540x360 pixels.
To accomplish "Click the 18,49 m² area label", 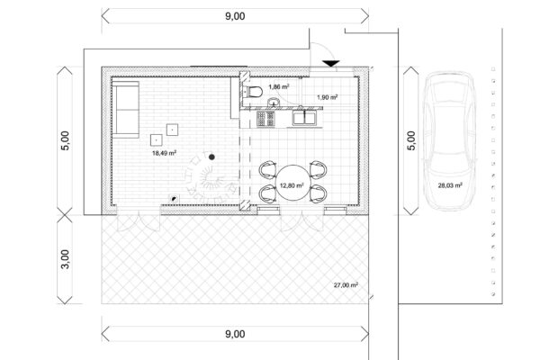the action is click(x=165, y=153).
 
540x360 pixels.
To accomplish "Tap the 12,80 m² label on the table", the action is click(x=292, y=185).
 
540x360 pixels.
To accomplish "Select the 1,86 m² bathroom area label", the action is click(x=279, y=86).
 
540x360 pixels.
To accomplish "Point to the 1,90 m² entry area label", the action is click(x=328, y=97).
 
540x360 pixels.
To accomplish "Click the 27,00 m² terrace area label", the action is click(x=346, y=285).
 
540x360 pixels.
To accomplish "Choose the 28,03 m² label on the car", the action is click(x=450, y=185).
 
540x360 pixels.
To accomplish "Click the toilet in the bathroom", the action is click(x=252, y=92).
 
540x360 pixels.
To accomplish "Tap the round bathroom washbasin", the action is click(x=274, y=102).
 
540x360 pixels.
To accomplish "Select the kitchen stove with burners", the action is click(x=265, y=119).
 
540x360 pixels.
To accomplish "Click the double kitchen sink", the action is click(x=304, y=118).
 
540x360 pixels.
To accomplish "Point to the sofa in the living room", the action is click(x=126, y=110).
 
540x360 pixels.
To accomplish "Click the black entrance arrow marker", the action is click(x=331, y=64).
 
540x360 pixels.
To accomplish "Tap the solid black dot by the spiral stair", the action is click(x=211, y=157).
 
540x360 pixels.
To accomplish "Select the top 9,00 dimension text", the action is click(x=235, y=16).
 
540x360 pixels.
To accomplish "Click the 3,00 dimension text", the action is click(x=65, y=259).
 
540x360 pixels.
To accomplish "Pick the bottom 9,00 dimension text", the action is click(x=235, y=334).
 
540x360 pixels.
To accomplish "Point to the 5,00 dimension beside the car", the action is click(x=411, y=140).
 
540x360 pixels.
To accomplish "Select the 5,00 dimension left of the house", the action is click(x=65, y=140).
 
